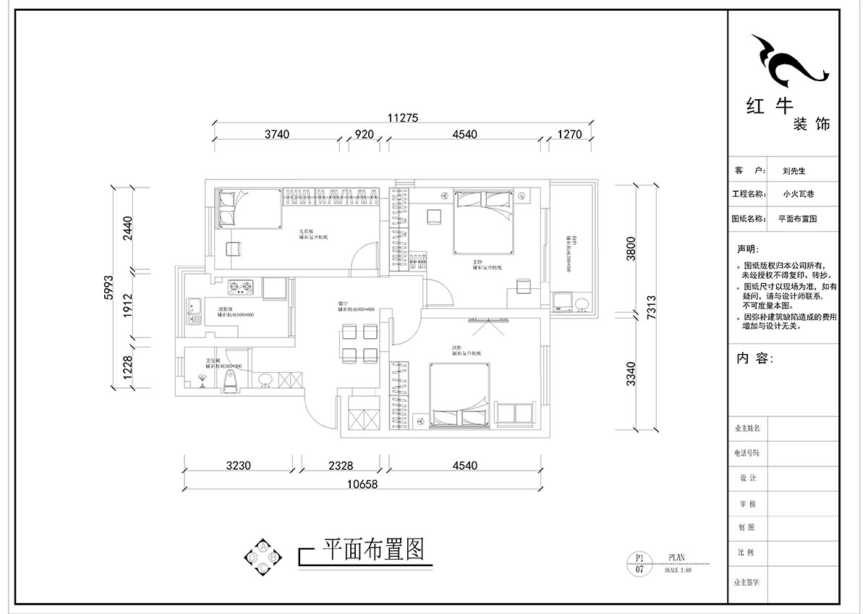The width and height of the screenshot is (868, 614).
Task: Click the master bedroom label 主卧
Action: click(477, 261)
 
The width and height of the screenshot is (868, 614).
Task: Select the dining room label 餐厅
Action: click(344, 303)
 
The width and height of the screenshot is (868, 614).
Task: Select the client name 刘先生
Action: click(793, 172)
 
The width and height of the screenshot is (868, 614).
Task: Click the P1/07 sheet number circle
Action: click(639, 563)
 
